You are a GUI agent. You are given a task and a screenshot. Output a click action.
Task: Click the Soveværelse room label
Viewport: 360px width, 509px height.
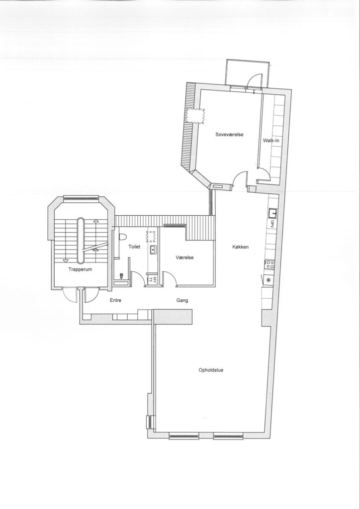tap(229, 134)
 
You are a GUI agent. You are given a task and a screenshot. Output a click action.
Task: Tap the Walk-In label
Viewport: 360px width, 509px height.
tap(270, 141)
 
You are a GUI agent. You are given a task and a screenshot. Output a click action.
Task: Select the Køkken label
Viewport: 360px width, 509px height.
tap(241, 247)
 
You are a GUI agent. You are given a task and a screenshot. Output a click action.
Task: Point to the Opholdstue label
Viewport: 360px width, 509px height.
tap(211, 370)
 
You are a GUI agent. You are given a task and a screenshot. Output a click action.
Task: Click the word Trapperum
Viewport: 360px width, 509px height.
tap(80, 269)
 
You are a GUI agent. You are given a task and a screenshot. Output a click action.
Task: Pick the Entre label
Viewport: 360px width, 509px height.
tap(115, 300)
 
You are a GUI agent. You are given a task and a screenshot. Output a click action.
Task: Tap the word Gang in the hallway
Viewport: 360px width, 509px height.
tap(182, 301)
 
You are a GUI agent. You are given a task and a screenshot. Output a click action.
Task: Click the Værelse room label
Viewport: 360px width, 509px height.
tap(184, 257)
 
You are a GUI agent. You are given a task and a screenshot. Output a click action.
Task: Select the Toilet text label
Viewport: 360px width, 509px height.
tap(134, 247)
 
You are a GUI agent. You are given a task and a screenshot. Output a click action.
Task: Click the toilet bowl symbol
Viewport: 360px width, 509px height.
tap(122, 237)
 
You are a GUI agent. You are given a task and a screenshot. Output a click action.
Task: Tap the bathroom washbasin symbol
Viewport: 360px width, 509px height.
tap(153, 250)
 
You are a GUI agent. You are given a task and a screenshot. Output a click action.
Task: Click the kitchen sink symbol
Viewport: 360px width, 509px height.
tap(272, 213)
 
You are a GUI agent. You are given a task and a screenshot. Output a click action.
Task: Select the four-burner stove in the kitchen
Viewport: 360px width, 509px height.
tap(270, 264)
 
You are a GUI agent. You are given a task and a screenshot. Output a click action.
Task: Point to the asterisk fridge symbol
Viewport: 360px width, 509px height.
tap(269, 279)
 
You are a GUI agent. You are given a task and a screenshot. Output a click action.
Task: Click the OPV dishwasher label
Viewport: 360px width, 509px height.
tap(272, 224)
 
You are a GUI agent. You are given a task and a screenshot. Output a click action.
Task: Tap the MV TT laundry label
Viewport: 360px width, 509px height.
tap(153, 279)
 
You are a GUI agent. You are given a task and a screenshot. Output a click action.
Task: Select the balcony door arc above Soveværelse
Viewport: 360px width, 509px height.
tap(255, 80)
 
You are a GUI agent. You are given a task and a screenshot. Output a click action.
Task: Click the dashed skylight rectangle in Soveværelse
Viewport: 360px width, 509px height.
tap(195, 116)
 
